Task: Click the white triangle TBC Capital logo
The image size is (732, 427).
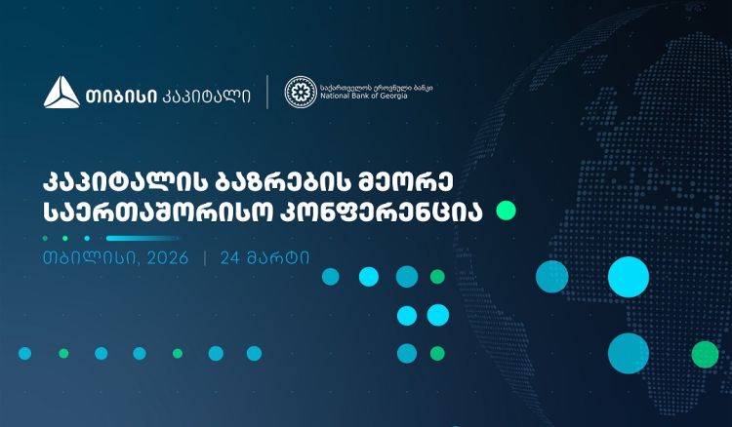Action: pyautogui.click(x=61, y=93)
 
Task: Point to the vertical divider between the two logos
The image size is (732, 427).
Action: pyautogui.click(x=267, y=92)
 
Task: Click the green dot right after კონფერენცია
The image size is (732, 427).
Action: pyautogui.click(x=506, y=211)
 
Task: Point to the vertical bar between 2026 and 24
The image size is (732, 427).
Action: pyautogui.click(x=205, y=259)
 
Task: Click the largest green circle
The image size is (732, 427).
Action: pyautogui.click(x=705, y=353)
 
